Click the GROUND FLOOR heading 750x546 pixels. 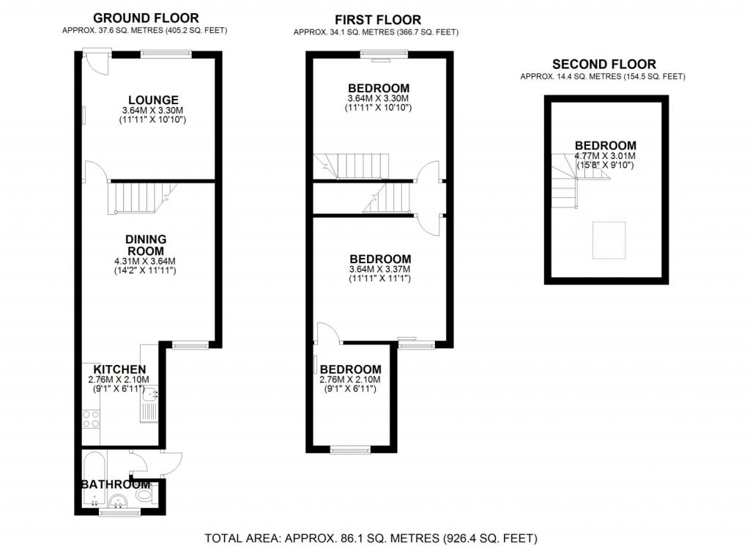pyautogui.click(x=146, y=18)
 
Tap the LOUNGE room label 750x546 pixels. pyautogui.click(x=153, y=100)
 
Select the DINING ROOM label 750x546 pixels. pyautogui.click(x=145, y=245)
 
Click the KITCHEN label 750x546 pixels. pyautogui.click(x=119, y=369)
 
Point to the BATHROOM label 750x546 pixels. pyautogui.click(x=116, y=484)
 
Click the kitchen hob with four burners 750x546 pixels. pyautogui.click(x=91, y=420)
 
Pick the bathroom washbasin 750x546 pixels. pyautogui.click(x=118, y=501)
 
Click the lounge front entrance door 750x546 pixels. pyautogui.click(x=97, y=63)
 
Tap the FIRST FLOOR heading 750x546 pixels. pyautogui.click(x=378, y=20)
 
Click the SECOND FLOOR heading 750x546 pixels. pyautogui.click(x=604, y=64)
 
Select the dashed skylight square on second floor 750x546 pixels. pyautogui.click(x=609, y=240)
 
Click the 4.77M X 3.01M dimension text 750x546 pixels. pyautogui.click(x=605, y=156)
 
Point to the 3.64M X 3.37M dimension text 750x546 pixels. pyautogui.click(x=380, y=270)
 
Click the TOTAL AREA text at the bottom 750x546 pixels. pyautogui.click(x=371, y=539)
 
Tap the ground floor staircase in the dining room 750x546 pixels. pyautogui.click(x=141, y=197)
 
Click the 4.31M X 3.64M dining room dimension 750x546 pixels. pyautogui.click(x=145, y=262)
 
